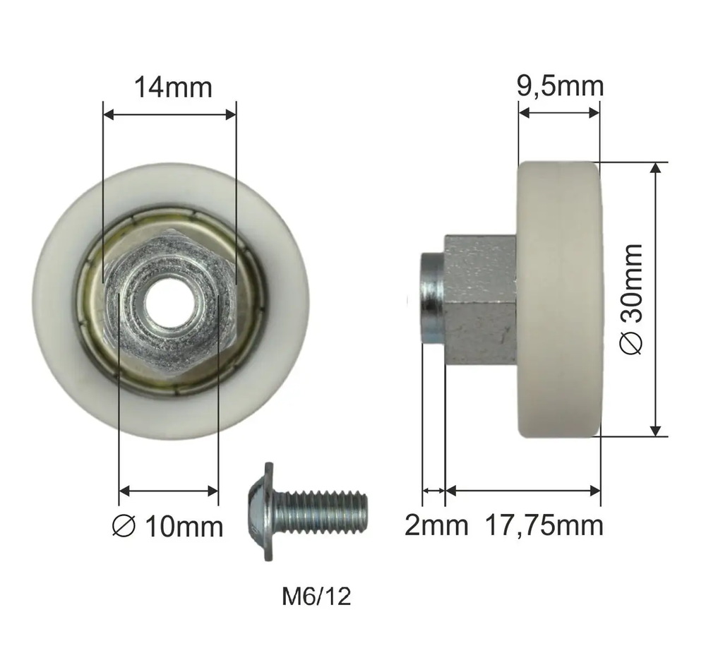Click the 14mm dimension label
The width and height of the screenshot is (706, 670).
(174, 88)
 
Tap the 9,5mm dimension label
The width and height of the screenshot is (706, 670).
(560, 86)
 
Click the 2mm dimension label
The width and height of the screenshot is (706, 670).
(436, 525)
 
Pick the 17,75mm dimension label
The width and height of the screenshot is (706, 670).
(544, 526)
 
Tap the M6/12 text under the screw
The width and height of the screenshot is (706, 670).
(316, 597)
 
